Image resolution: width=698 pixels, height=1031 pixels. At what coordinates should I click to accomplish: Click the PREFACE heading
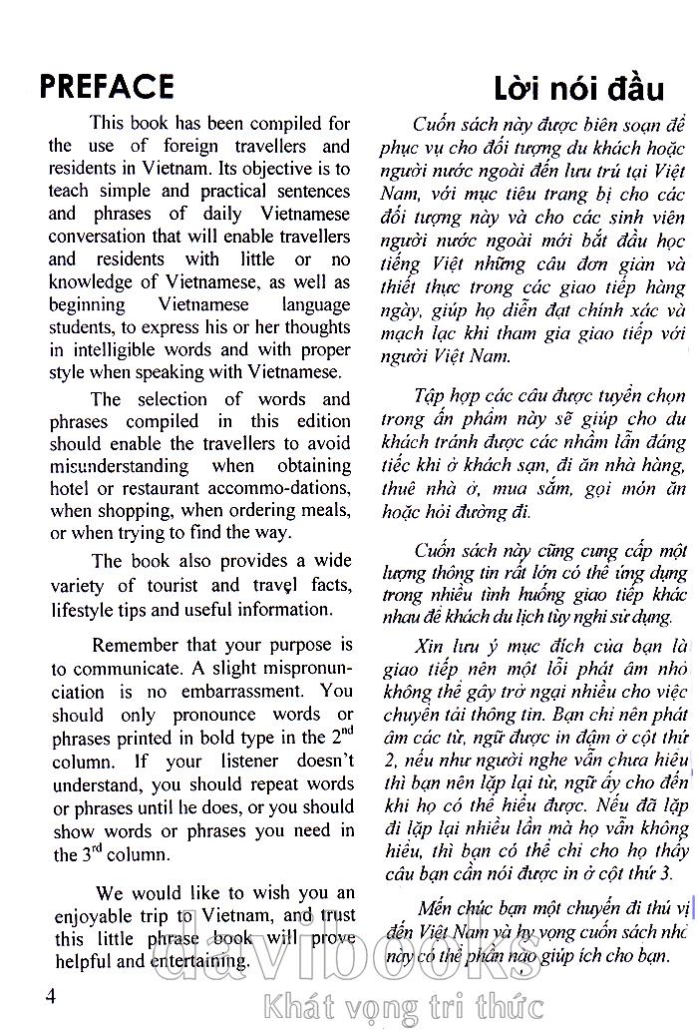(x=107, y=86)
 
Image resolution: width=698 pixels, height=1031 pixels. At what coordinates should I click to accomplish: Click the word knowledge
(x=93, y=283)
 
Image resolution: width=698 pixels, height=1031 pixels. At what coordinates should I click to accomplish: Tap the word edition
(x=321, y=421)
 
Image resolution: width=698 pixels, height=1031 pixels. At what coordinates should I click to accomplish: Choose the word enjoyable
(x=93, y=916)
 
